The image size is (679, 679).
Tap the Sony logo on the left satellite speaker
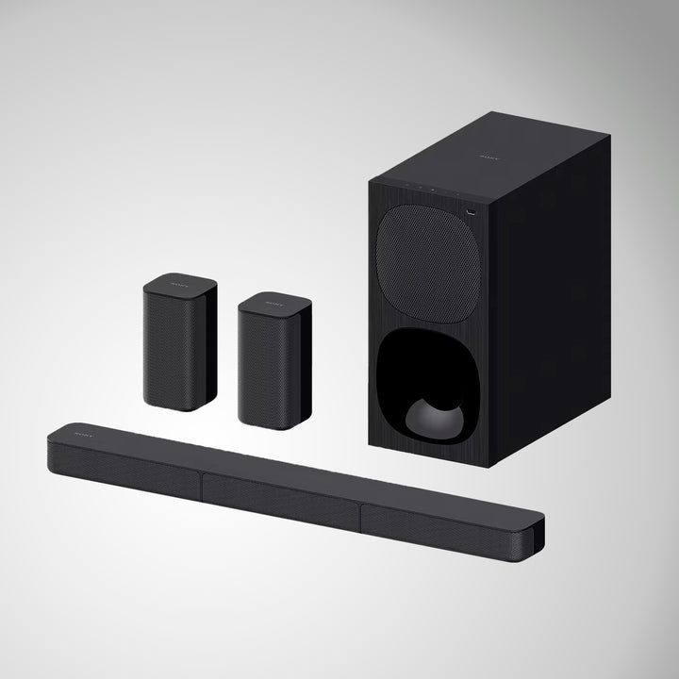[179, 282]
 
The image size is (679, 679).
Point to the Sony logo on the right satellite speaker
[274, 303]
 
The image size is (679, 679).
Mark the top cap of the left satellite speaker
[179, 284]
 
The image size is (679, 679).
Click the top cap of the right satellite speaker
[274, 304]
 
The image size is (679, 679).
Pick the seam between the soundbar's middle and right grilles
[360, 517]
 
